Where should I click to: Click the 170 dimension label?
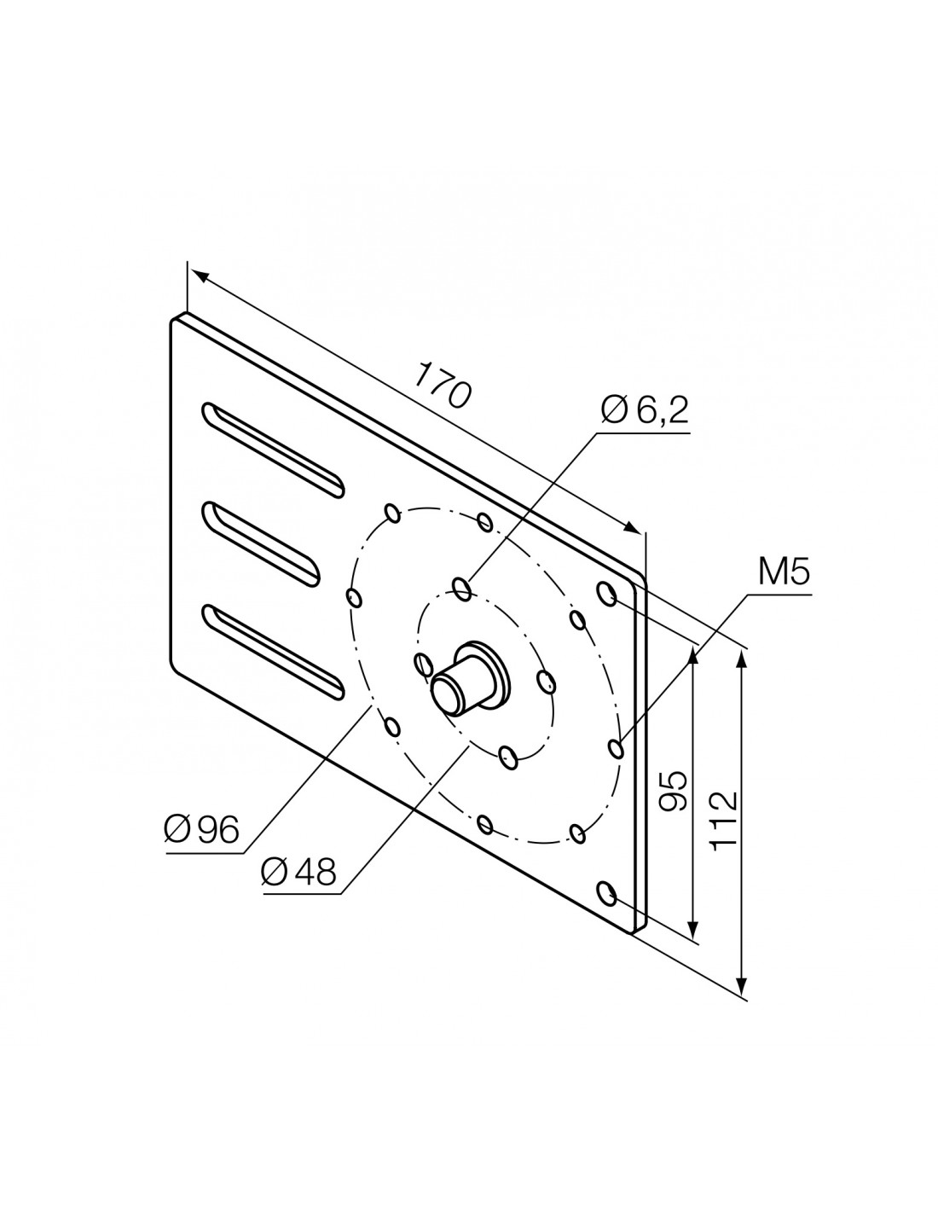pyautogui.click(x=443, y=385)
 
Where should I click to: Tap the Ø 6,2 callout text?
pyautogui.click(x=645, y=410)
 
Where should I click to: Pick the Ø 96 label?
pyautogui.click(x=201, y=829)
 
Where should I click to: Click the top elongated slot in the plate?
pyautogui.click(x=273, y=450)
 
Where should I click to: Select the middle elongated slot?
pyautogui.click(x=261, y=544)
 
